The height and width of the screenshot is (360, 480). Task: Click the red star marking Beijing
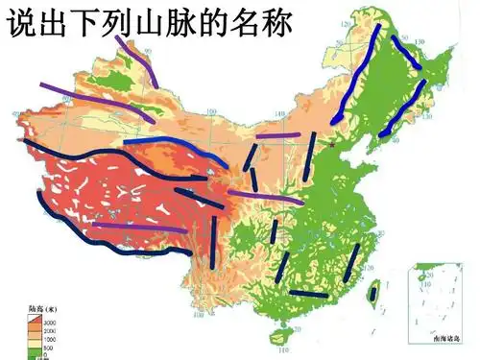pos(332,145)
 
